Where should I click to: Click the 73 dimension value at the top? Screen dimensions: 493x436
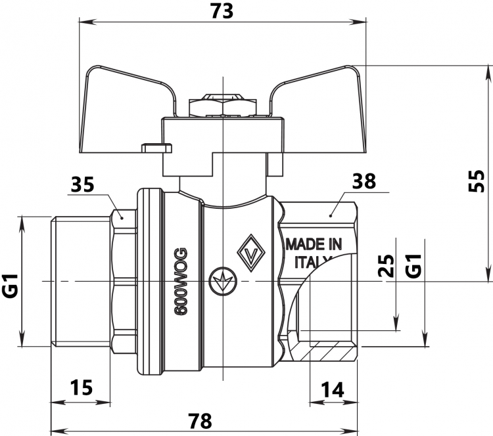(x=222, y=11)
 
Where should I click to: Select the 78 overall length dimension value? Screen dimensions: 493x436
(x=200, y=421)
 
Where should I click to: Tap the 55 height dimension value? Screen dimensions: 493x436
(x=477, y=181)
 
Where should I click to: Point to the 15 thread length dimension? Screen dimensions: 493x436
(x=81, y=387)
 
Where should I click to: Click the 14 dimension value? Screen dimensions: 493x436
(x=333, y=390)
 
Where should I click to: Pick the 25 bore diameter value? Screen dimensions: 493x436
(x=386, y=266)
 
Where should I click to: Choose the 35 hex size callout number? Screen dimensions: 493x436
(x=82, y=185)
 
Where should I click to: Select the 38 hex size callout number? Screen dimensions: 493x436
(x=364, y=181)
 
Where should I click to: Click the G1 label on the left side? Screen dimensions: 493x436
(x=11, y=286)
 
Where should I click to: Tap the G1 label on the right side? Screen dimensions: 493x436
(x=413, y=266)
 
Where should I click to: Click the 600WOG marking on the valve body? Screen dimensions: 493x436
(x=181, y=282)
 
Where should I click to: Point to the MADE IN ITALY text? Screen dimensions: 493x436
(x=314, y=253)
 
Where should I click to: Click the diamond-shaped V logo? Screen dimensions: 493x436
(x=251, y=253)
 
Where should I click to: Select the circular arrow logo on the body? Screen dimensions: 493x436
(x=223, y=281)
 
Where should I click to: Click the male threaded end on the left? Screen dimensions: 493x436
(x=81, y=282)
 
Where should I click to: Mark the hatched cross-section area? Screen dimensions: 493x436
(x=324, y=352)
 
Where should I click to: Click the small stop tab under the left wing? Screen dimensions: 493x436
(x=156, y=148)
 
